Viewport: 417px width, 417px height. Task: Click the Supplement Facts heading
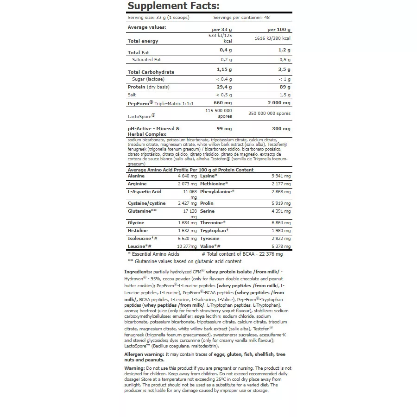pos(173,6)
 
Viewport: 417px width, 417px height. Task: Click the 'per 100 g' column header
pos(279,30)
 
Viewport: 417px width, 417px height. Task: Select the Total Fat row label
pos(138,53)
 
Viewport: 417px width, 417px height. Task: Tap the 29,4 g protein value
pos(224,87)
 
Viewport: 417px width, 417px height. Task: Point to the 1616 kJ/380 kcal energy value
pos(272,38)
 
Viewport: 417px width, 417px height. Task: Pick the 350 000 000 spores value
pos(269,113)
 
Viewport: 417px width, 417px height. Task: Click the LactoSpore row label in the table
pos(141,116)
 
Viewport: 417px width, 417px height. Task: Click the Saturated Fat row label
pos(146,60)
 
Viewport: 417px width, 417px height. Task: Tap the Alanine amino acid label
pos(136,176)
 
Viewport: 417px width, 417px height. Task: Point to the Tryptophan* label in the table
pos(215,230)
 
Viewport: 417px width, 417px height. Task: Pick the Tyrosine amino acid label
pos(210,238)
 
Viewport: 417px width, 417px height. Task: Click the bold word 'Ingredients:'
pos(138,272)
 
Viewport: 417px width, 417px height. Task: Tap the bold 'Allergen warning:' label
pos(145,354)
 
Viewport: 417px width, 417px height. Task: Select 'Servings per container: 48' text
pos(241,18)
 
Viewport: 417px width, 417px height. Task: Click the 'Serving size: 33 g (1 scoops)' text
pos(158,18)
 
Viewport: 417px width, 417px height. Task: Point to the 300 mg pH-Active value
pos(281,129)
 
